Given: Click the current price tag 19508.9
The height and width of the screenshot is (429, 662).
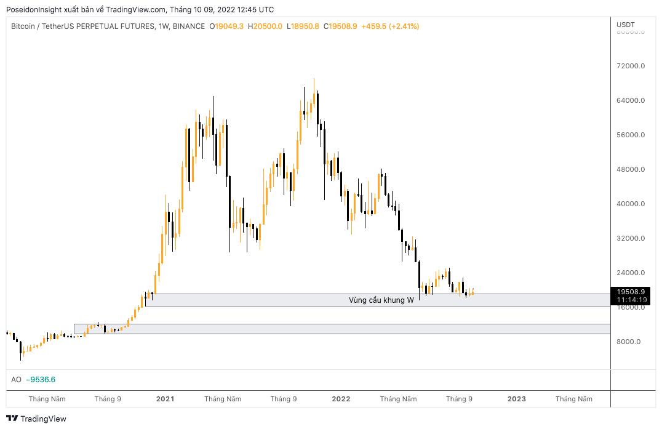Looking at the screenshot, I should (x=631, y=292).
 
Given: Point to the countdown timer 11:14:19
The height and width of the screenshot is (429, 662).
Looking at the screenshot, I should (x=631, y=300).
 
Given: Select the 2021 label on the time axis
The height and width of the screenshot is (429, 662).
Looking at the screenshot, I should (x=165, y=399).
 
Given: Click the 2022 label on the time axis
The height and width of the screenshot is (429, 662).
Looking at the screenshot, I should (x=341, y=399).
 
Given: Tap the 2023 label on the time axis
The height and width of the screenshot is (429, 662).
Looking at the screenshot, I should (x=517, y=399).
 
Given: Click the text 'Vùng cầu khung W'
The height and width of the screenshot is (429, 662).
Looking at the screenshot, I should (x=381, y=300).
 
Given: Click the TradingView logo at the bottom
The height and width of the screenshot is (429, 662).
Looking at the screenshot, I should (x=37, y=419).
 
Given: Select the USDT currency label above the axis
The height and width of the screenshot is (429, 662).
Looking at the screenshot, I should (x=626, y=25).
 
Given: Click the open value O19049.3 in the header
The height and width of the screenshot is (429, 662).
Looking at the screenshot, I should (x=227, y=26).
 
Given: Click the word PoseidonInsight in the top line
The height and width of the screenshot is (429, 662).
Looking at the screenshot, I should (x=34, y=9).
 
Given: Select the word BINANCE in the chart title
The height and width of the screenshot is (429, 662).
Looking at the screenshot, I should (x=189, y=26).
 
